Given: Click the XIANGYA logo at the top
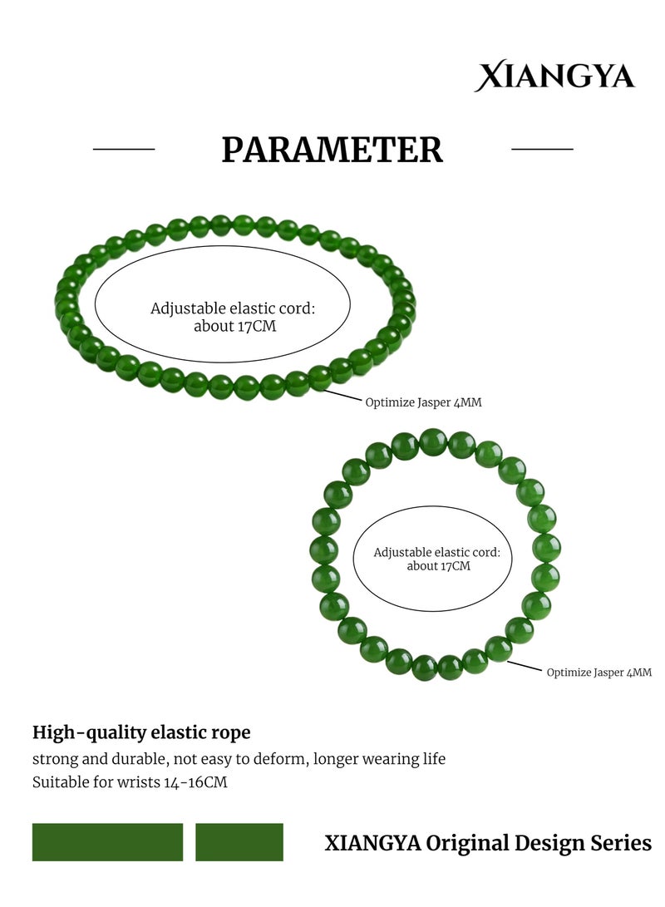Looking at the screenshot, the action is tap(554, 76).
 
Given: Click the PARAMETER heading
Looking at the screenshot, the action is tap(332, 150).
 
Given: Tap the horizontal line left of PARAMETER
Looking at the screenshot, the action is tap(124, 150).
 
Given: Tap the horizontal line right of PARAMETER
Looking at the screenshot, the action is tap(542, 150).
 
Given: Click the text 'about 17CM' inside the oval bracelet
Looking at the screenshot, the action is tap(234, 326).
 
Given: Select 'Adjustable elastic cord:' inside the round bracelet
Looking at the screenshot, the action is tap(436, 552).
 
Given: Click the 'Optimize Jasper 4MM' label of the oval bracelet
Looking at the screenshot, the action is tap(423, 402).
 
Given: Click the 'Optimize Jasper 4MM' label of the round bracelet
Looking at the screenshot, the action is tap(599, 673).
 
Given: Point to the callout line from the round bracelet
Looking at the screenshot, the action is tap(525, 667).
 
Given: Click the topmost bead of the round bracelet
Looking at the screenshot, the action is tap(432, 442).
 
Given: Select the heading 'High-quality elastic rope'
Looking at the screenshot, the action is tap(141, 732).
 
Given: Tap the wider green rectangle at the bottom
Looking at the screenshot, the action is tap(107, 842).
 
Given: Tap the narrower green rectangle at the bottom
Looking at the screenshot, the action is tap(239, 842).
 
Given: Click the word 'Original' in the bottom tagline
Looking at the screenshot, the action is tap(467, 843).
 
